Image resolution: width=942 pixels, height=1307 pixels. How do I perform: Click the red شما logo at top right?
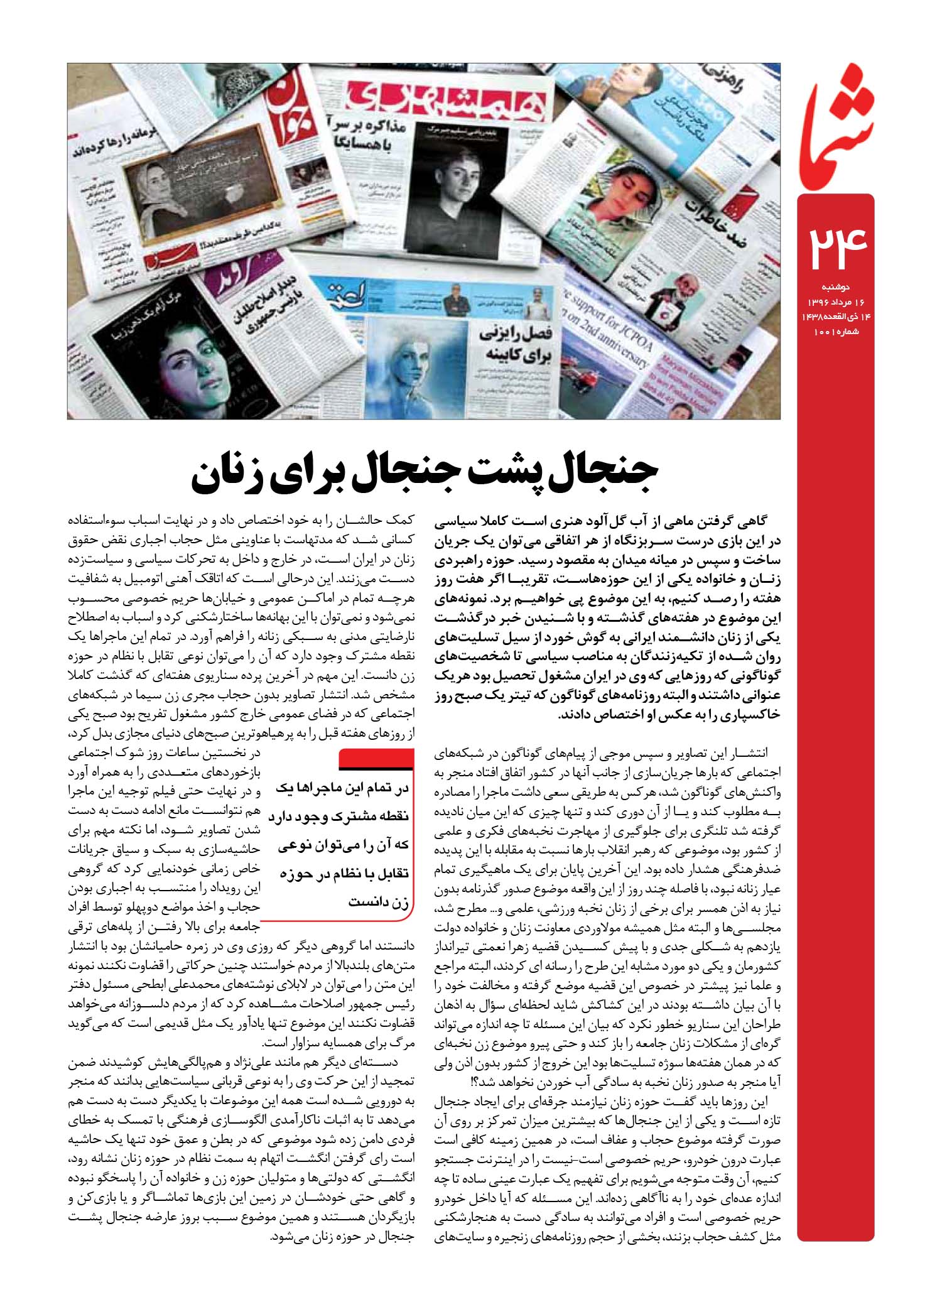[x=837, y=119]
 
